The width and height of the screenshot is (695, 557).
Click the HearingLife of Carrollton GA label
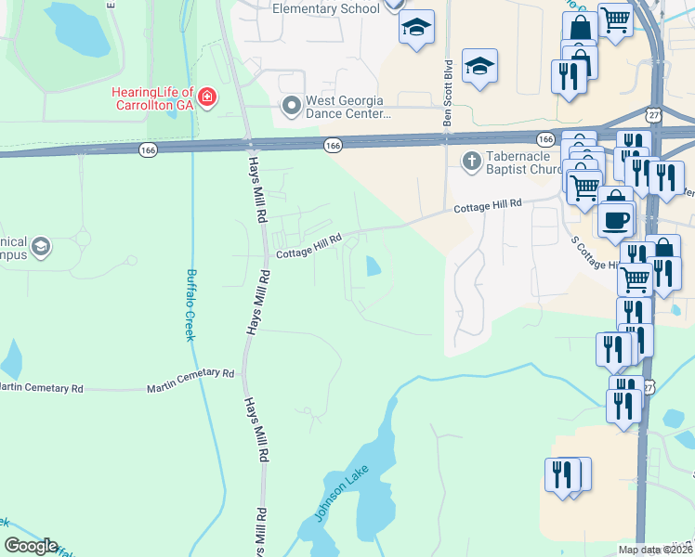click(x=151, y=97)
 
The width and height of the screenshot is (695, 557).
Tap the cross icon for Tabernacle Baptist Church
click(x=471, y=162)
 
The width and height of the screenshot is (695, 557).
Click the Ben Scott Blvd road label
click(x=448, y=93)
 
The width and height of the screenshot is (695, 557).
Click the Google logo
click(x=30, y=546)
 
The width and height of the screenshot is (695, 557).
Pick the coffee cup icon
click(x=615, y=219)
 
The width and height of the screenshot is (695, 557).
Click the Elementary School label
click(x=326, y=8)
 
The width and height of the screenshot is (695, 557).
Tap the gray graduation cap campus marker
click(x=40, y=247)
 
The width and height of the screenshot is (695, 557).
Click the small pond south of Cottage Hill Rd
click(x=374, y=267)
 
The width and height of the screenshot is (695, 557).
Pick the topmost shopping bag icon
click(x=580, y=27)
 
